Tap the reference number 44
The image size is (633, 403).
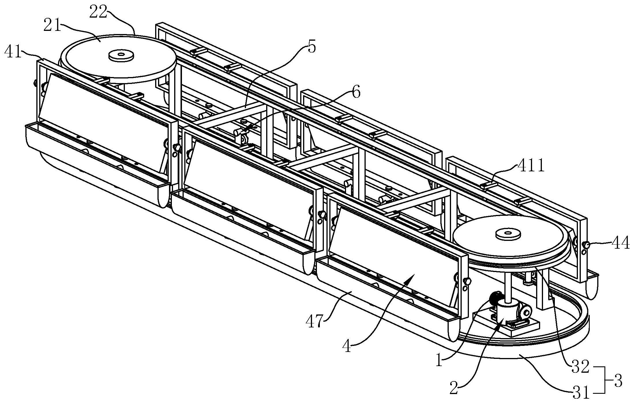[620, 244]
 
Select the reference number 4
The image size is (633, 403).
[347, 346]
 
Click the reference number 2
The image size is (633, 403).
[454, 389]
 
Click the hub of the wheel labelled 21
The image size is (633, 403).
[121, 55]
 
